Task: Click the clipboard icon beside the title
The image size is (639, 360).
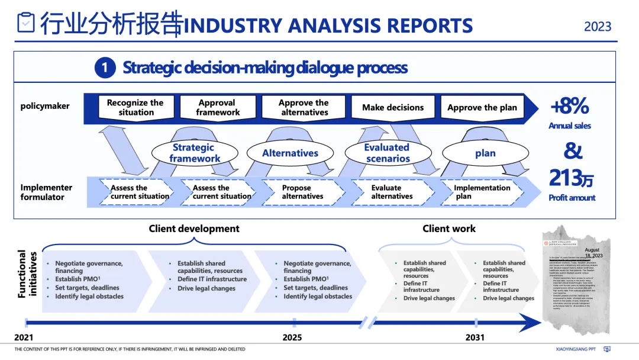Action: tap(25, 23)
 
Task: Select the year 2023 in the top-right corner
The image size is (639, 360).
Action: tap(598, 27)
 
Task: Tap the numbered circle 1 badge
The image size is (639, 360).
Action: tap(105, 68)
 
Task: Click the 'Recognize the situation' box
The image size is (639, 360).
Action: tap(135, 107)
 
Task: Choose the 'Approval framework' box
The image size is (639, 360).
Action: tap(218, 107)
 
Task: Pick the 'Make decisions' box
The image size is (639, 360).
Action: tap(393, 108)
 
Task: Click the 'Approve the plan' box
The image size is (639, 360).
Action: tap(482, 108)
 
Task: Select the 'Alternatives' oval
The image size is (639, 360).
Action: tap(290, 153)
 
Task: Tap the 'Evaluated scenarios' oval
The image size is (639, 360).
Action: tap(387, 153)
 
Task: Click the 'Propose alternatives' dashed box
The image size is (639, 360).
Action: tap(303, 192)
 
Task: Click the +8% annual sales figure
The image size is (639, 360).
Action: tap(569, 107)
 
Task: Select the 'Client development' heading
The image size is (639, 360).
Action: tap(194, 229)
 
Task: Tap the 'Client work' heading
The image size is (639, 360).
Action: tap(449, 229)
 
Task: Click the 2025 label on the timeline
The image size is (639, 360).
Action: tap(292, 337)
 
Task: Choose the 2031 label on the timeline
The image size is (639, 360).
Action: tap(475, 337)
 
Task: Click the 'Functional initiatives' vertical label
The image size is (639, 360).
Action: tap(28, 274)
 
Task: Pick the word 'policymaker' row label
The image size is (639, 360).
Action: tap(45, 107)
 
